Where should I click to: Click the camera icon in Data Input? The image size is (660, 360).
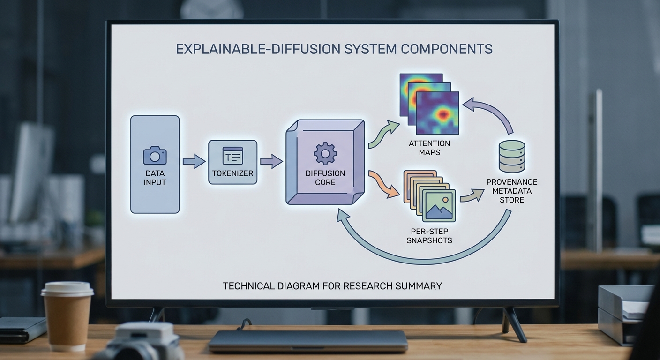coord(155,155)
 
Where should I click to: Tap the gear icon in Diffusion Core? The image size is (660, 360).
coord(325,153)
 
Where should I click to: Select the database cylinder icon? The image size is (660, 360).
coord(511,156)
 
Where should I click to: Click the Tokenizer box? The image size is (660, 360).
coord(232,162)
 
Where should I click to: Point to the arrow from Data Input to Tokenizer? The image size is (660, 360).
coord(194,162)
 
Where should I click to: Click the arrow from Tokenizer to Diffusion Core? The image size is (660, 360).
coord(271,162)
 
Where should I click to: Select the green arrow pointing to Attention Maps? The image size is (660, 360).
coord(383,135)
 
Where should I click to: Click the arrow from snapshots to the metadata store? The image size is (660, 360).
coord(471,195)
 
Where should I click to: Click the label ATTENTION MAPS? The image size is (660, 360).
coord(429,148)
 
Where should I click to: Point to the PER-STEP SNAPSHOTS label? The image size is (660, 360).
coord(429,236)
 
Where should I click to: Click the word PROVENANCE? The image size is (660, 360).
coord(512,182)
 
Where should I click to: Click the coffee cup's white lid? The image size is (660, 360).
coord(67,289)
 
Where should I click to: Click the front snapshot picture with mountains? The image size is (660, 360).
coord(439,205)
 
